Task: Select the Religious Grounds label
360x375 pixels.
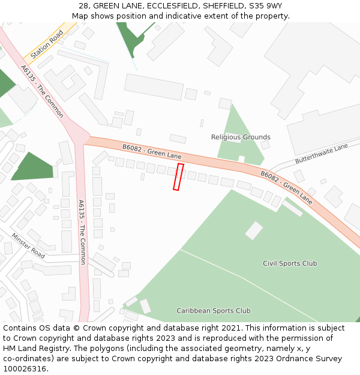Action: point(241,137)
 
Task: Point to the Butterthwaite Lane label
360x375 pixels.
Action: point(322,154)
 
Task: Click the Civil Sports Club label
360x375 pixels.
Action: point(290,263)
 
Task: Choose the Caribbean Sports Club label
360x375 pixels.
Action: point(214,311)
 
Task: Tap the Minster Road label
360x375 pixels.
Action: point(28,245)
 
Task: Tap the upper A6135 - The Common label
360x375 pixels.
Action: point(42,91)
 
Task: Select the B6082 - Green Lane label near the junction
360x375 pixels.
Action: point(152,151)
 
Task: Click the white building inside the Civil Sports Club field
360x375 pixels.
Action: point(254,230)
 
